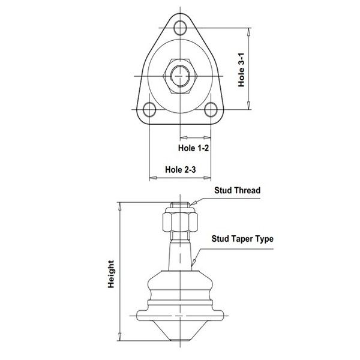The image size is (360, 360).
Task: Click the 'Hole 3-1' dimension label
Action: tap(241, 70)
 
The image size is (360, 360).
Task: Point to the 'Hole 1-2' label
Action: tap(194, 148)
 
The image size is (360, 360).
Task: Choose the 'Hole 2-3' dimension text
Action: tap(181, 170)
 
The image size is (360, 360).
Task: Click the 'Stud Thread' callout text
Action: tap(238, 190)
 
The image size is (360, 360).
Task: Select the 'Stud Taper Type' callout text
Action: tap(242, 239)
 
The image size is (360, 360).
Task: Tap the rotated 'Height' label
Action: tap(111, 274)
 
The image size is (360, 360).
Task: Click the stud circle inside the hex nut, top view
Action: tap(180, 76)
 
